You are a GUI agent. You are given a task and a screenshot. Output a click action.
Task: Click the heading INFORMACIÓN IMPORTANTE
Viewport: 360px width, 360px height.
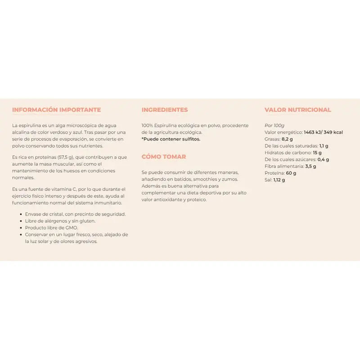56,110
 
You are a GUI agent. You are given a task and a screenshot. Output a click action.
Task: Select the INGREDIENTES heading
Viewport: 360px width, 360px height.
165,110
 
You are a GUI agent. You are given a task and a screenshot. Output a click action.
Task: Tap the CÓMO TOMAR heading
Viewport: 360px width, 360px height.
164,157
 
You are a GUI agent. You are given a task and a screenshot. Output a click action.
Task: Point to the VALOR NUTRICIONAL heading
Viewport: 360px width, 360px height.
298,110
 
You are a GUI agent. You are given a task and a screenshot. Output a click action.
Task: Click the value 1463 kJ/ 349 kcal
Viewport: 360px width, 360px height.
323,132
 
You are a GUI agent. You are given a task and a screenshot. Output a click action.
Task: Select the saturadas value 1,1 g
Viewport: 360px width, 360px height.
324,146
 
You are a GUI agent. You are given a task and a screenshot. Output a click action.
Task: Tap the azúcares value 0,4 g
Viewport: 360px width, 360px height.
323,159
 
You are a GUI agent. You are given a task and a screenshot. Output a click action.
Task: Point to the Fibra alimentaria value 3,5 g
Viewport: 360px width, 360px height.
310,166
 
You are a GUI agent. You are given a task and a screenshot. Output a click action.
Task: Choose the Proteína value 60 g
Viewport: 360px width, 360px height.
291,173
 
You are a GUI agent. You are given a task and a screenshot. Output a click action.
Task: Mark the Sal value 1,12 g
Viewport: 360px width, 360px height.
279,180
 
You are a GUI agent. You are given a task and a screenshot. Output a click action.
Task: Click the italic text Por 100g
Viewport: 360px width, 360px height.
274,126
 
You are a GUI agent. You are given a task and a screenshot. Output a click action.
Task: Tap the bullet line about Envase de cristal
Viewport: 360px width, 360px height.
75,214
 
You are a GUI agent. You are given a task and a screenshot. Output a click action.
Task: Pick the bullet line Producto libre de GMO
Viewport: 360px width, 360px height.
51,228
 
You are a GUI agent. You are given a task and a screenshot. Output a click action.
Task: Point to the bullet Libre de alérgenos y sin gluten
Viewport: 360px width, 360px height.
60,221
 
